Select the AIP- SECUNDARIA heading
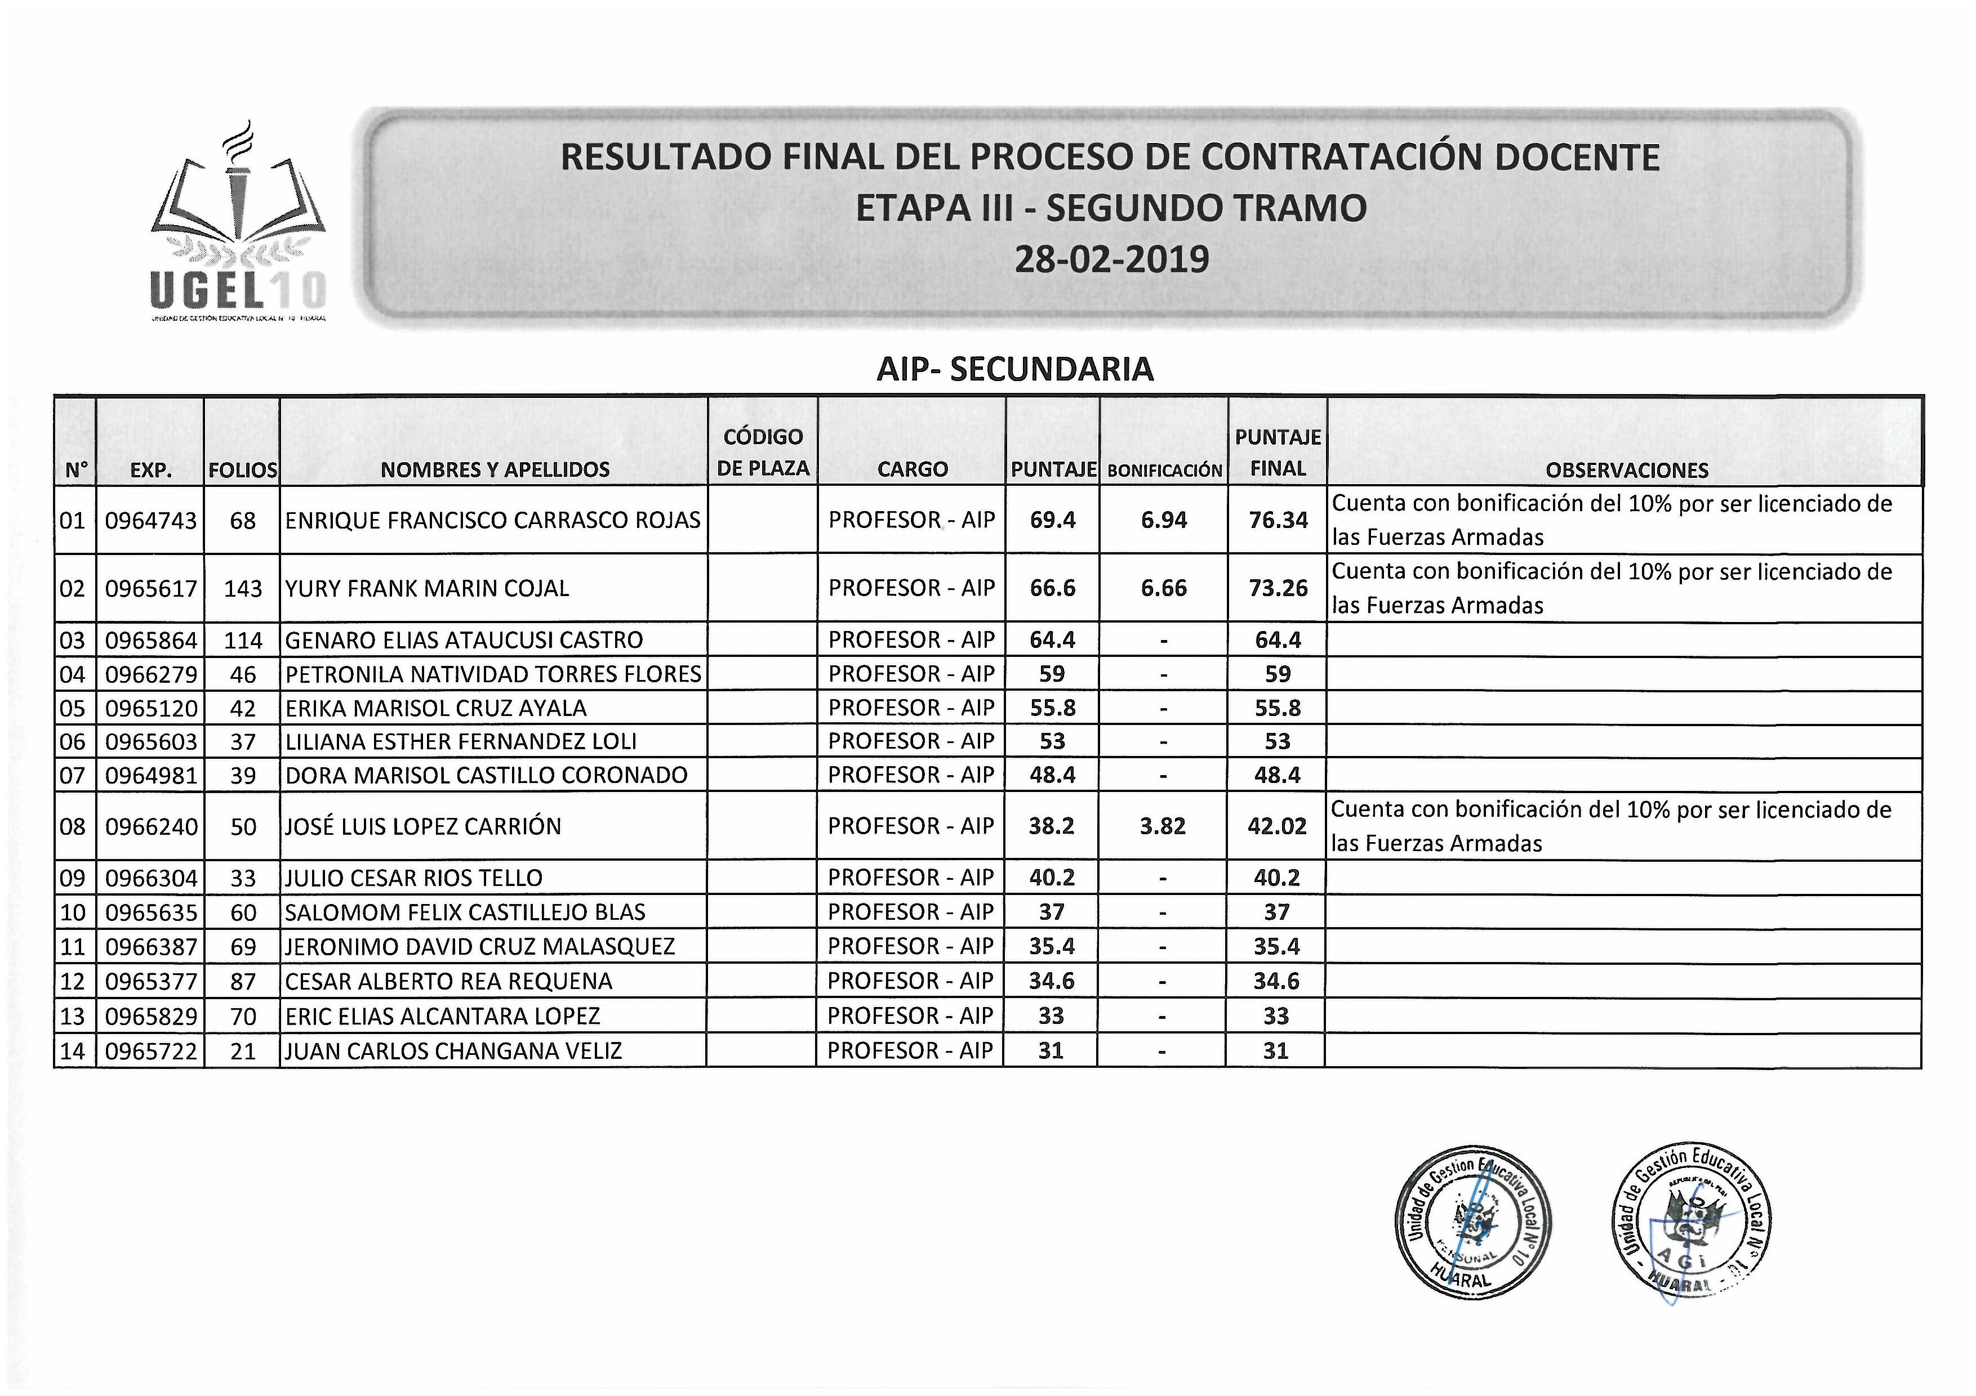click(x=1014, y=369)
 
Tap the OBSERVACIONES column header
click(x=1627, y=469)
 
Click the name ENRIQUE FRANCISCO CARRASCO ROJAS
click(x=492, y=520)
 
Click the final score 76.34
click(x=1278, y=520)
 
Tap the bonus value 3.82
click(x=1163, y=826)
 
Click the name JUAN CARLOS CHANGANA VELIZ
click(x=453, y=1051)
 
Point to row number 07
click(x=73, y=776)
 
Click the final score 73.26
click(x=1278, y=588)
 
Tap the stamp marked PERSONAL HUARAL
click(x=1472, y=1225)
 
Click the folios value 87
click(x=243, y=981)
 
